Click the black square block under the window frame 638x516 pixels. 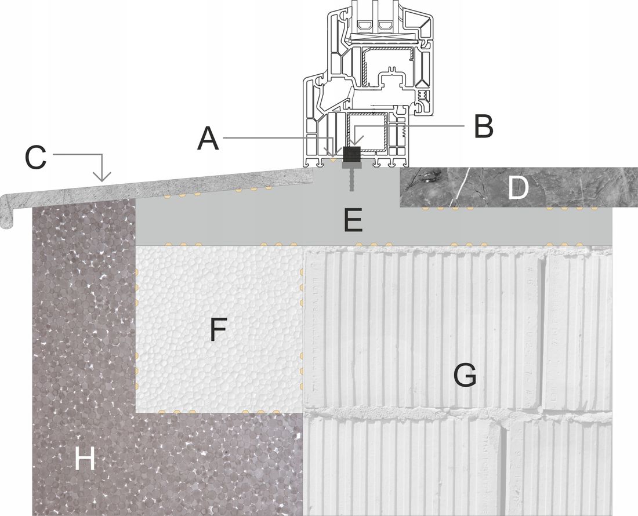tap(351, 155)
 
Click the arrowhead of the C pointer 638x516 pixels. tap(102, 178)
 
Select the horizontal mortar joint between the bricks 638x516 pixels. tap(458, 413)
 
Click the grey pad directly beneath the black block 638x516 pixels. tap(351, 165)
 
